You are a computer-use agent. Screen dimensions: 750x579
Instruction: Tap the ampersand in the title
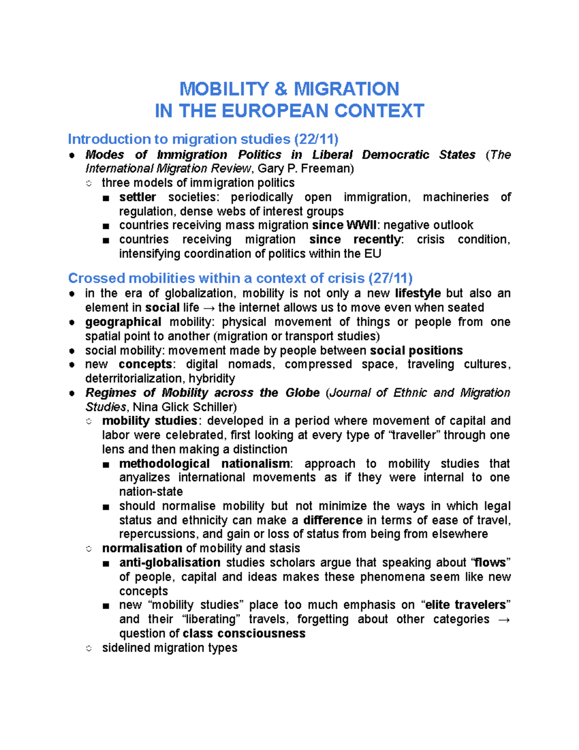pos(281,89)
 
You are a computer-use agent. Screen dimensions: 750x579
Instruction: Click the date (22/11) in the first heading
pos(316,139)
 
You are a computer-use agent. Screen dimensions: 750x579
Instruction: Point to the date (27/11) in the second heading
pos(390,278)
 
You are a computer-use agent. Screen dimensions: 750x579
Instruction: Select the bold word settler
pos(138,197)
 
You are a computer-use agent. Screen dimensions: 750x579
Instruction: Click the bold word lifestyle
pos(417,293)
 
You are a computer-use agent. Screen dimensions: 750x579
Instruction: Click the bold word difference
pos(332,520)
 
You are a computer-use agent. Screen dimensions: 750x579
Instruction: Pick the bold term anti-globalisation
pos(170,563)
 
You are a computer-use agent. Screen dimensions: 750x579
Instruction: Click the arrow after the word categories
pos(503,619)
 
